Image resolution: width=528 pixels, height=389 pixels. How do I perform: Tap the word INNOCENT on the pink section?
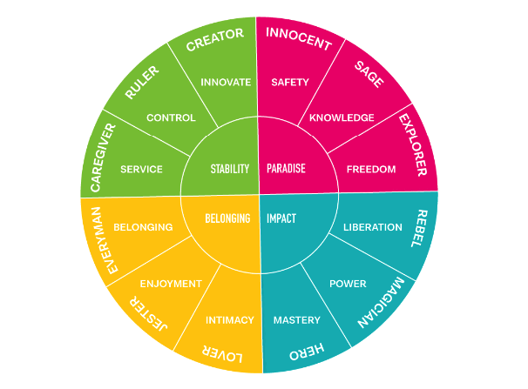[298, 38]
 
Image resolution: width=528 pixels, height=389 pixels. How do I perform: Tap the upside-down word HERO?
[307, 350]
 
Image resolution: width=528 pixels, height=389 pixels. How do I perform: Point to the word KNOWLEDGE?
[342, 117]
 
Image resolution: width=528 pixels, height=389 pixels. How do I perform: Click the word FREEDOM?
[370, 169]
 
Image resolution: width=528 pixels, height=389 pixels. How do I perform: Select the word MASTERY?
[297, 319]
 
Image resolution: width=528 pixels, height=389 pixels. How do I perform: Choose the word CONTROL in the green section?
[171, 117]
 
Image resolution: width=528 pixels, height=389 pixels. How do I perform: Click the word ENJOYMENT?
[171, 284]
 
